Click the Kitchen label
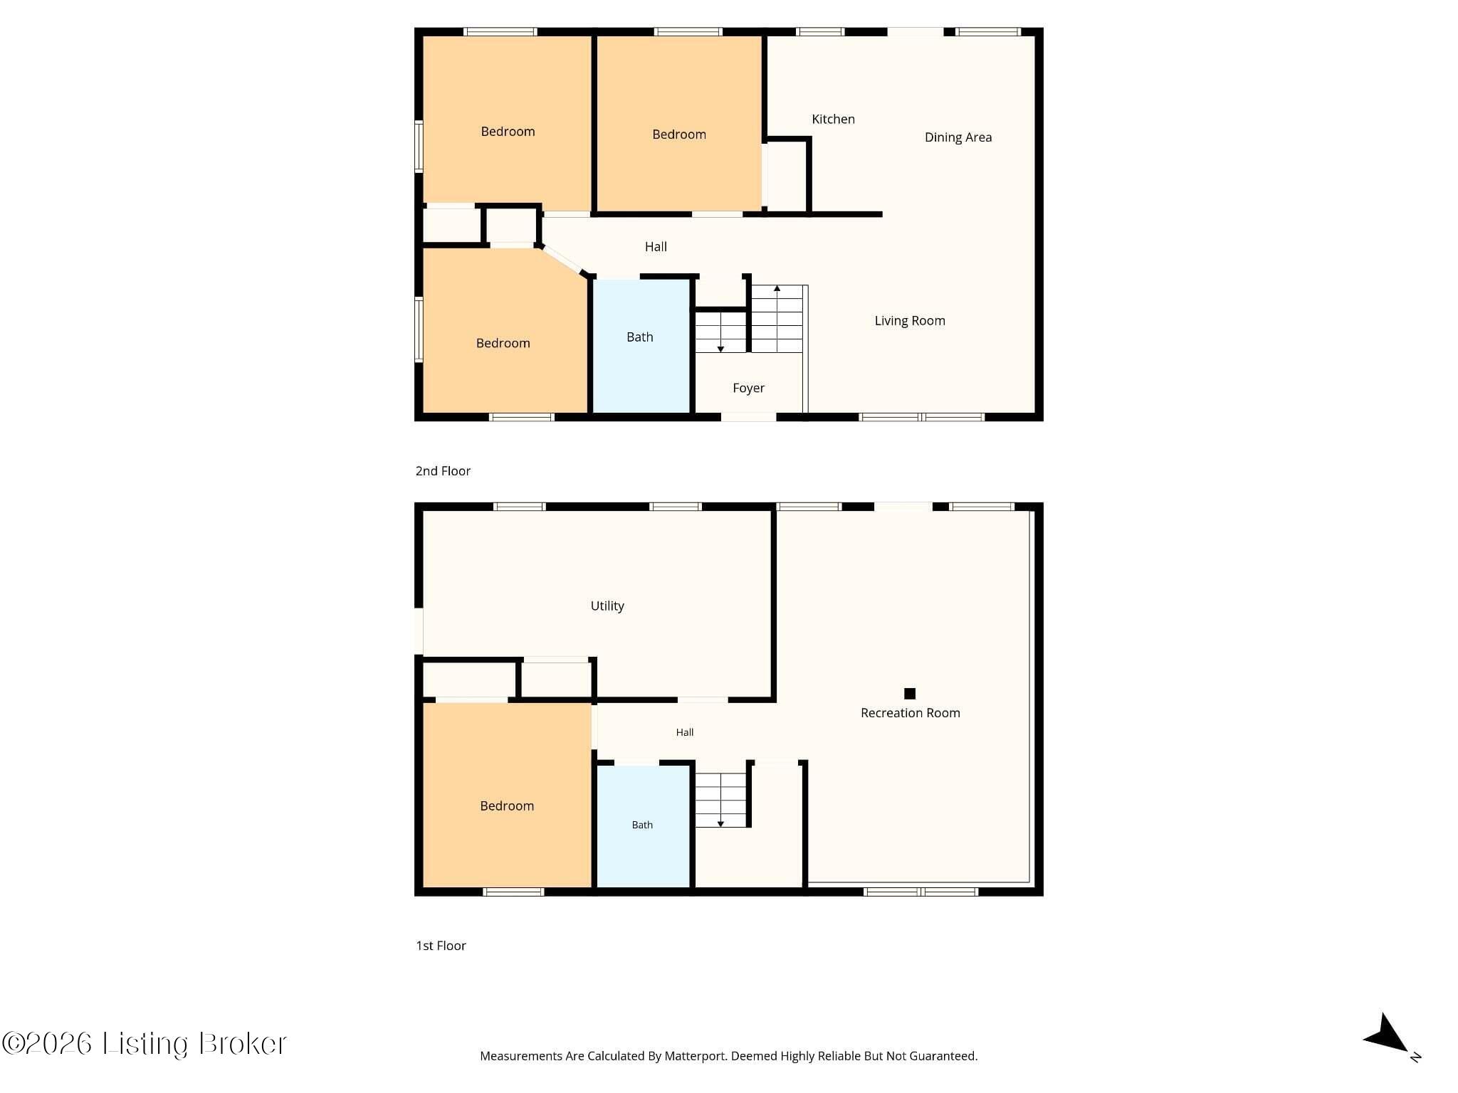click(833, 119)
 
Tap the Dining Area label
click(958, 137)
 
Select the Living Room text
click(910, 321)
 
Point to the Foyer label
click(748, 388)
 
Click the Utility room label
click(607, 606)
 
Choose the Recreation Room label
click(910, 713)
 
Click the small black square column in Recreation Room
click(909, 693)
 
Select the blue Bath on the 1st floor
click(642, 826)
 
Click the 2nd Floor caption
click(443, 471)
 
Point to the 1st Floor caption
click(441, 946)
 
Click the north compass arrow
click(1387, 1034)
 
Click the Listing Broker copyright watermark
click(144, 1043)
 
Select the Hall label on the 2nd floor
click(656, 247)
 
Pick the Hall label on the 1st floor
click(685, 732)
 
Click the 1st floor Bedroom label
click(507, 806)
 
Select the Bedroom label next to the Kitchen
click(679, 134)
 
